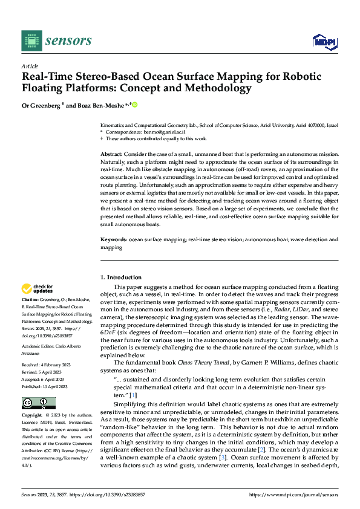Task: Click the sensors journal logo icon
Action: tap(31, 41)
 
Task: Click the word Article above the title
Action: tap(30, 66)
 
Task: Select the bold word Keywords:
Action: tap(113, 240)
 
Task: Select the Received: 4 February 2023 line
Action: tap(46, 365)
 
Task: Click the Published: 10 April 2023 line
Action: tap(46, 387)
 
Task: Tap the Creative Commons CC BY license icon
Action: tap(38, 403)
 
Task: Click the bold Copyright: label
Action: tap(32, 416)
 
